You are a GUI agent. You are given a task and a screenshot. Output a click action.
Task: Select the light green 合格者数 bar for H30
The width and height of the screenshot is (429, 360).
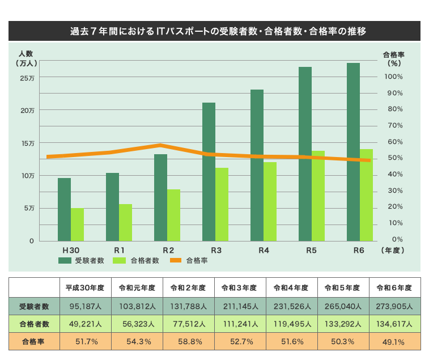pos(77,225)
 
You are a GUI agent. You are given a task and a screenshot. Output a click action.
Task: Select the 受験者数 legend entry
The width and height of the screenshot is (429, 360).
pos(82,260)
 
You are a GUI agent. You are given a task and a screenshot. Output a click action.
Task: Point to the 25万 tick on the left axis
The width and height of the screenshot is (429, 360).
pos(27,78)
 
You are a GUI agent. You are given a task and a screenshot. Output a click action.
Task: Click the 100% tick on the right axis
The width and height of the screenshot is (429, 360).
pos(393,77)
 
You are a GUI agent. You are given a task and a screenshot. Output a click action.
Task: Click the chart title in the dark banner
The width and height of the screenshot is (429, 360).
pos(214,31)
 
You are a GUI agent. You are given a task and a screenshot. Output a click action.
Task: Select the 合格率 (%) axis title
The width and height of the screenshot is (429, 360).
pos(393,60)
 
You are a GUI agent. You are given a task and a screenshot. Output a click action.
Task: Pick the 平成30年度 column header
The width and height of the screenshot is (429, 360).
pos(84,287)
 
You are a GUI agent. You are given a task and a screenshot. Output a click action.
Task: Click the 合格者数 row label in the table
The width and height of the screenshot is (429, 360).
pos(34,324)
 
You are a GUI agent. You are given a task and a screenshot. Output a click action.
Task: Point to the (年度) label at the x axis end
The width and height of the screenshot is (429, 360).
pos(393,250)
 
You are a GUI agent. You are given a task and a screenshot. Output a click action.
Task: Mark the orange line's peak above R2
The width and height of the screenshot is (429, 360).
pos(162,145)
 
